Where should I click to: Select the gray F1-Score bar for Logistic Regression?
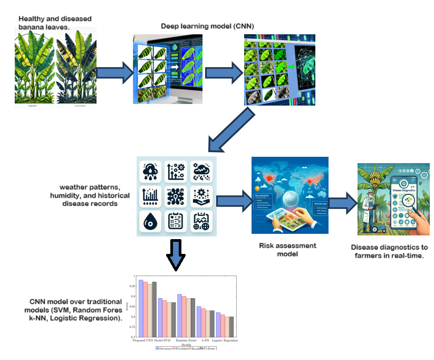[231, 327]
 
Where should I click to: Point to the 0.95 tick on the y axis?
[132, 286]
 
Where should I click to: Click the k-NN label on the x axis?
[205, 340]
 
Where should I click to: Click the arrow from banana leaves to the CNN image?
[113, 71]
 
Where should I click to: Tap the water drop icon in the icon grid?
[149, 222]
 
